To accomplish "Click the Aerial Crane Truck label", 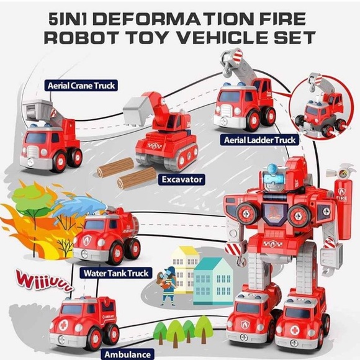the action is (x=81, y=86).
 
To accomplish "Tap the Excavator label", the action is (x=182, y=179).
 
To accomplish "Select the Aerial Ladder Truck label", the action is (x=259, y=140).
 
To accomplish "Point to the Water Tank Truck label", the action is (x=116, y=273).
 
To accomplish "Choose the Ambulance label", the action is (x=128, y=354).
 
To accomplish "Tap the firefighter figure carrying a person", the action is (x=168, y=285).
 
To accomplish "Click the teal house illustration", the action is (x=213, y=282).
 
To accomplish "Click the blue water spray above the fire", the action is (x=79, y=206).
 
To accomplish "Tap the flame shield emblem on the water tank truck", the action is (x=87, y=240).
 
